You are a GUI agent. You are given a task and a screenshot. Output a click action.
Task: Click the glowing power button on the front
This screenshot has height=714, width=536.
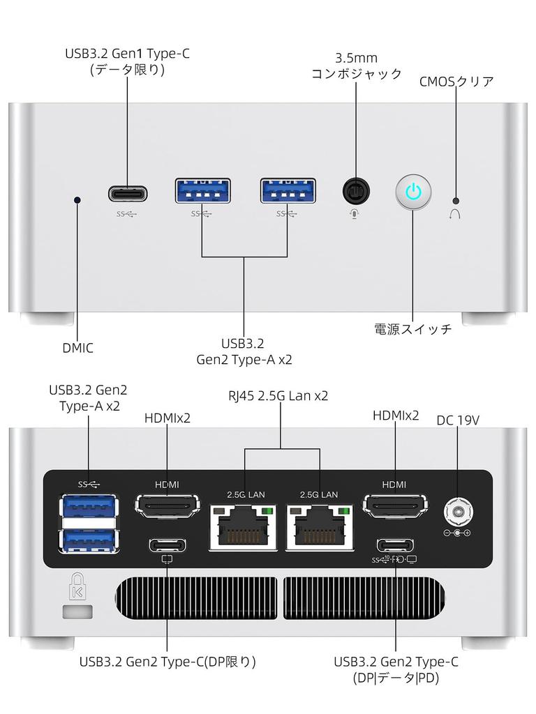point(413,192)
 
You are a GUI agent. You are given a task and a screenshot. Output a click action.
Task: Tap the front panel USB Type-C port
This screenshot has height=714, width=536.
point(128,192)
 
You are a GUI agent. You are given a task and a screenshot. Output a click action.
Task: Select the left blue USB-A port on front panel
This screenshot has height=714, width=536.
point(202,191)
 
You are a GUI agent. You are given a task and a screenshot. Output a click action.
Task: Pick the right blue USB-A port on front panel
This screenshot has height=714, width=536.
point(288,191)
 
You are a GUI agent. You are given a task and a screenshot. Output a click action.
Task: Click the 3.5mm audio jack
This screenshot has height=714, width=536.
point(356,191)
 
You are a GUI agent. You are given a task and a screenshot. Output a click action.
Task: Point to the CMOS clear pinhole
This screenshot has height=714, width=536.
point(456,199)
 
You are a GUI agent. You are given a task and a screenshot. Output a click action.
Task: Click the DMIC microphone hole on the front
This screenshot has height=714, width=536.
point(77,200)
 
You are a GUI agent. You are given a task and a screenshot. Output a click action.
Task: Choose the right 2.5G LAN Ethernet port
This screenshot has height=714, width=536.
point(318,526)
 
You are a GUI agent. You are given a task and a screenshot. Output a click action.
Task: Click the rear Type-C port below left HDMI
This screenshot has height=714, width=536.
point(167,545)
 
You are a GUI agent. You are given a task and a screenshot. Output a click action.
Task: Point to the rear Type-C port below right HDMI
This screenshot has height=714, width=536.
point(395,545)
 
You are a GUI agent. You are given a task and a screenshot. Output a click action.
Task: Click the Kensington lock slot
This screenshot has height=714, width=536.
point(77,612)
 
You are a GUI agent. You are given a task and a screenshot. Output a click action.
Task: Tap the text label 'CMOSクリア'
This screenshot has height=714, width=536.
point(456,82)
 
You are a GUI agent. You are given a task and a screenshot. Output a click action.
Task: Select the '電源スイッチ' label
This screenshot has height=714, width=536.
point(413,329)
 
